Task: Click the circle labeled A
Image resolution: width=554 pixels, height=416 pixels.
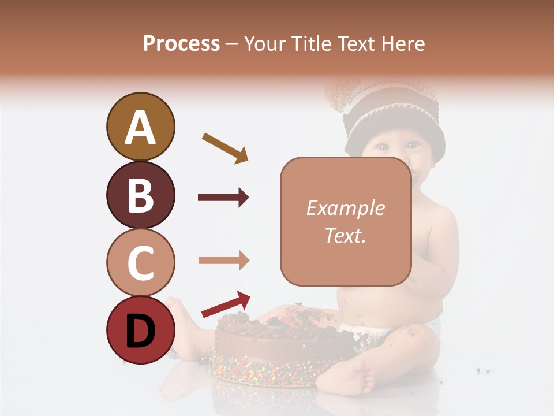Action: (x=140, y=127)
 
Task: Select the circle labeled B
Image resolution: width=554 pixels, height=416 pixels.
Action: (x=140, y=195)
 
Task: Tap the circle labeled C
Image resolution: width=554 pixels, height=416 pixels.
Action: (x=140, y=262)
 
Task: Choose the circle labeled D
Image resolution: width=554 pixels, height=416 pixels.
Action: (x=140, y=330)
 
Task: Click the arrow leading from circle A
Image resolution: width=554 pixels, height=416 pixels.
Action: (x=225, y=148)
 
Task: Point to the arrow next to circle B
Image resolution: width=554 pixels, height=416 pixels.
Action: (x=223, y=198)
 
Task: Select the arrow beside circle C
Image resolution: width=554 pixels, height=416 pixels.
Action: (x=223, y=261)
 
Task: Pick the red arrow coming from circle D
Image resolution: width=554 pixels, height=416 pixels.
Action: (x=226, y=304)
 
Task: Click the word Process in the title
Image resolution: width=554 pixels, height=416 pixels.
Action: (x=181, y=43)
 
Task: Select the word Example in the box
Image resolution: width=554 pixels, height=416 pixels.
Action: (x=345, y=208)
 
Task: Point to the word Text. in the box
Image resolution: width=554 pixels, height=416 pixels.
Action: (x=345, y=235)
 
